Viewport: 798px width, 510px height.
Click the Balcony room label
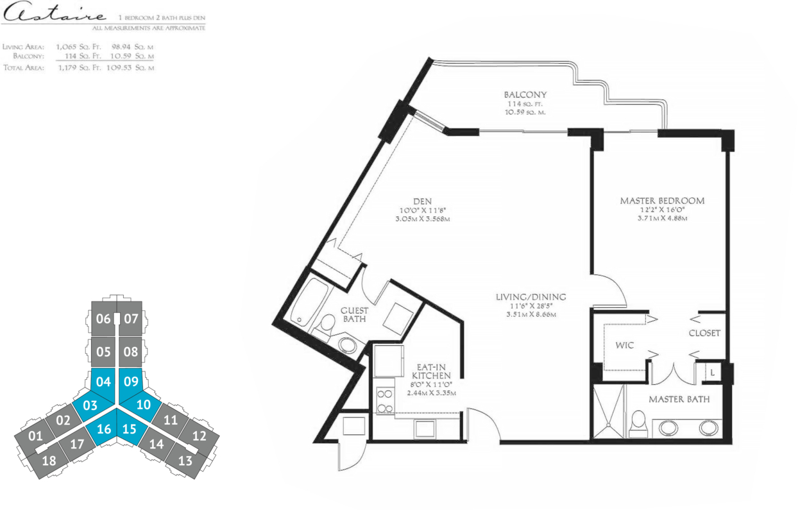525,95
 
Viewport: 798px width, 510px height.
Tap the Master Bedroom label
662,201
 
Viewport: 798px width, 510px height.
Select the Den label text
423,201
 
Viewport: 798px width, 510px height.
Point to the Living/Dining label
531,296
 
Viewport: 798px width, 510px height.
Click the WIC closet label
625,345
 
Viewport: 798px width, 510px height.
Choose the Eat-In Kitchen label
432,371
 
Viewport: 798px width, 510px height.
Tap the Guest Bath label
354,314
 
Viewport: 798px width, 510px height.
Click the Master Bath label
679,399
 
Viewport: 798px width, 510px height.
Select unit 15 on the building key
130,429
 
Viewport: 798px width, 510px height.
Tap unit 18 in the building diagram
49,461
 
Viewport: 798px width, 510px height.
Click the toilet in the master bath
638,424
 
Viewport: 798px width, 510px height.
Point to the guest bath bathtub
309,302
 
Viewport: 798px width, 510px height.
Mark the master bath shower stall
608,411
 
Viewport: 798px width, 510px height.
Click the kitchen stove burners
385,401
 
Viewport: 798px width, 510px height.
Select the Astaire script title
54,12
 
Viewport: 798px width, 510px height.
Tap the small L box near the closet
712,372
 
